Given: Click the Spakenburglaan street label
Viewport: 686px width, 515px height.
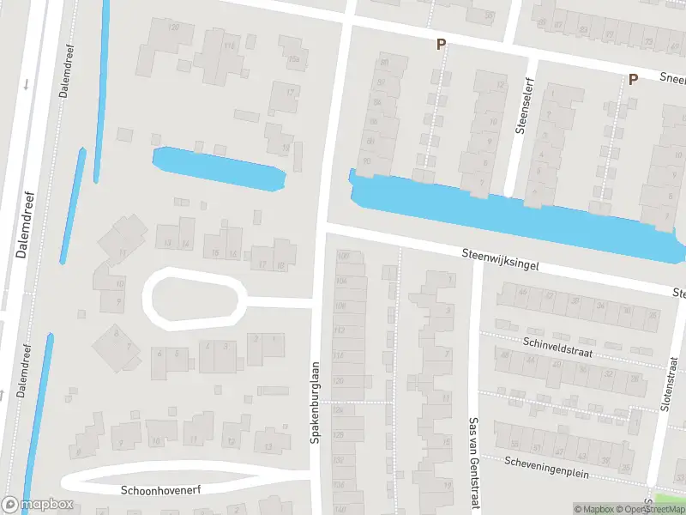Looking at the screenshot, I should coord(315,402).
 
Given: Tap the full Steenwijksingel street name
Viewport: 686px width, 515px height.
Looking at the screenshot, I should coord(500,260).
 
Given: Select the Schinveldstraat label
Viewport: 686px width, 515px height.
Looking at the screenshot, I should coord(557,346).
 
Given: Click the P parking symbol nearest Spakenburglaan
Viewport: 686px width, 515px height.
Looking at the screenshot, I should coord(442,45).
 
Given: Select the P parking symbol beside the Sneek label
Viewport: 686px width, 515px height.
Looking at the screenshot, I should coord(634,80).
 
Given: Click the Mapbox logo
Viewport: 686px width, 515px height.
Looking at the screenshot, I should coord(37,506).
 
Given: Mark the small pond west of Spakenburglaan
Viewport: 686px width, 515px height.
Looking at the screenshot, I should coord(218,168).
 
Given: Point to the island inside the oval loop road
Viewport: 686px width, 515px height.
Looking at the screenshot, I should coord(194,298).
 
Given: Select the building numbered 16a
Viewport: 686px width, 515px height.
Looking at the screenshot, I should coord(295,59).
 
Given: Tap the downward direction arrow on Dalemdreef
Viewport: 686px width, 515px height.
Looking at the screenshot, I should coord(27,84).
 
